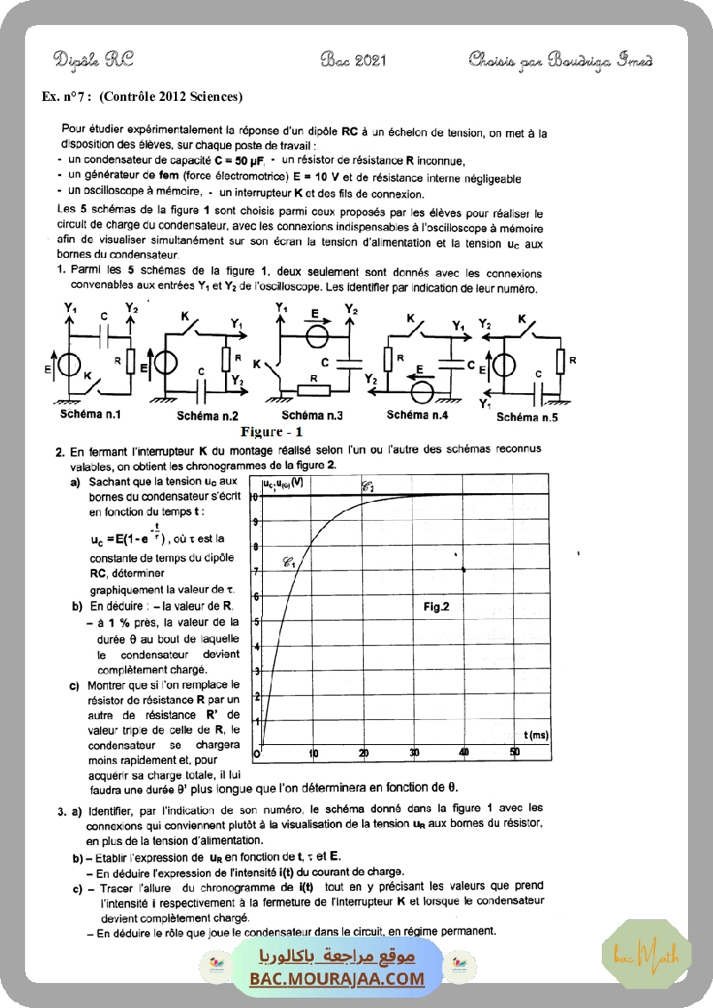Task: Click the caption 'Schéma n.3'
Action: point(311,416)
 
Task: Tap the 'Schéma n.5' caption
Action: point(527,417)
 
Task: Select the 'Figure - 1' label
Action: point(272,431)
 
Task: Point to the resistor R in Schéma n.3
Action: point(314,390)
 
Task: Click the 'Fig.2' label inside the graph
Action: point(436,606)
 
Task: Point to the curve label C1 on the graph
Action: point(289,563)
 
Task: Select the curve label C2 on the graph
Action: point(367,486)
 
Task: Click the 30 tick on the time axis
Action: point(414,753)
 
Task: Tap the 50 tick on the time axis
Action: point(515,753)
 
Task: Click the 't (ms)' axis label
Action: point(535,734)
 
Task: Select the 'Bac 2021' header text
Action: point(353,60)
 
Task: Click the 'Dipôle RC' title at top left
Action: point(93,60)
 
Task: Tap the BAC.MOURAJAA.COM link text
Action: point(338,979)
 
